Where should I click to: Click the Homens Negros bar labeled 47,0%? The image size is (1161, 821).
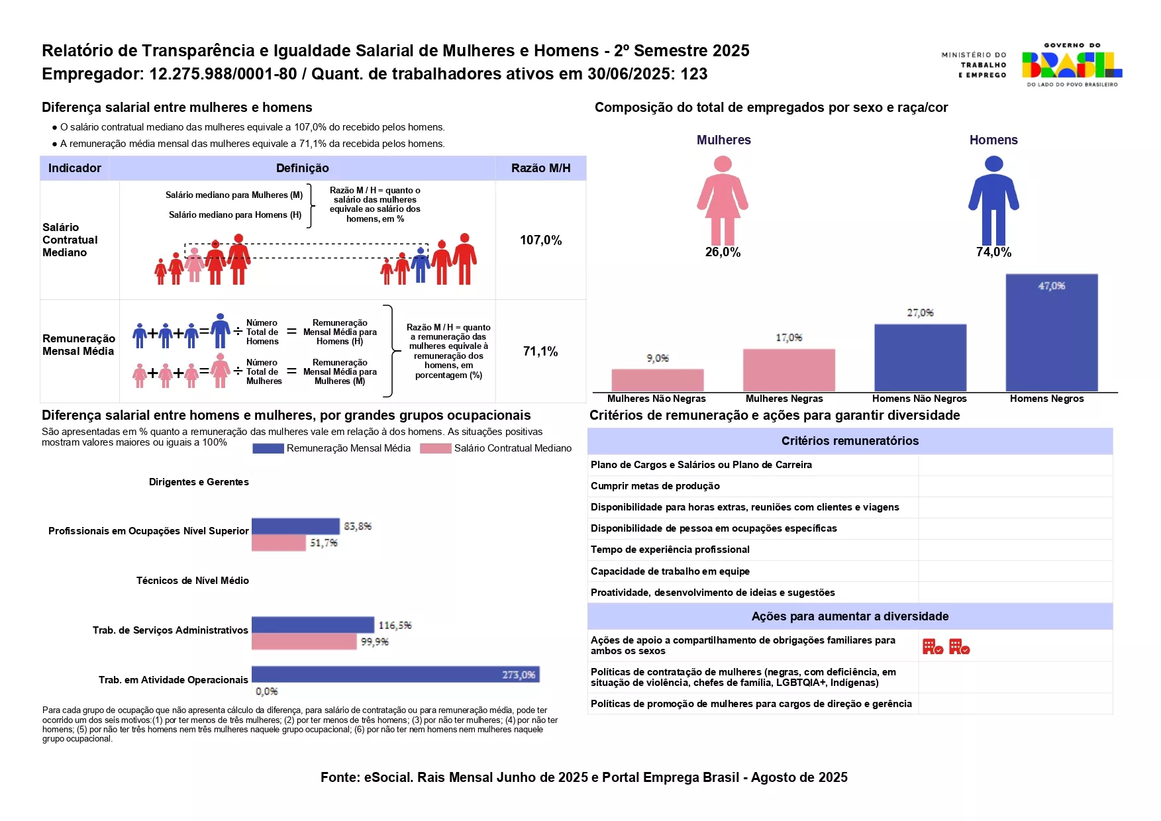coord(1051,332)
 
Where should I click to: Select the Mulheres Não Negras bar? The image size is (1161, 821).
coord(657,380)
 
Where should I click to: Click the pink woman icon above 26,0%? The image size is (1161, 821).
coord(723,200)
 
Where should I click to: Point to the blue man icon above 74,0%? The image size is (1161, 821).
coord(993,200)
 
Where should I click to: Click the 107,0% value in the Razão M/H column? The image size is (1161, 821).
coord(540,240)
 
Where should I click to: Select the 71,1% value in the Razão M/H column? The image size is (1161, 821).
coord(540,352)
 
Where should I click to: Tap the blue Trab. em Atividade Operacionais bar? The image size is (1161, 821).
coord(395,675)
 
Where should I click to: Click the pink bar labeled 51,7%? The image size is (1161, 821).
coord(278,543)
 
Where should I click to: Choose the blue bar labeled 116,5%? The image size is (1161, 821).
coord(313,624)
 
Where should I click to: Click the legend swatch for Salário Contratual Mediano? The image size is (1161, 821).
coord(435,449)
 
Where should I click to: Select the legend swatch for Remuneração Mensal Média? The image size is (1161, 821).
coord(268,449)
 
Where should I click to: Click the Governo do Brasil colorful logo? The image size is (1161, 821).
coord(1072,65)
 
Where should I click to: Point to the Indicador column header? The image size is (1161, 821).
coord(75,168)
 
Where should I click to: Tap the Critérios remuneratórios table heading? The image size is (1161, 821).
coord(850,441)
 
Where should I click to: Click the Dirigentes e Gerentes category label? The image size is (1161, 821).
coord(199,482)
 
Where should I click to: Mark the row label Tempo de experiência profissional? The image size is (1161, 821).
coord(670,550)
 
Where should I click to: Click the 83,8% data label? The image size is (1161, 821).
coord(358,526)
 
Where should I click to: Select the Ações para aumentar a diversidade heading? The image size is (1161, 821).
coord(850,616)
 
